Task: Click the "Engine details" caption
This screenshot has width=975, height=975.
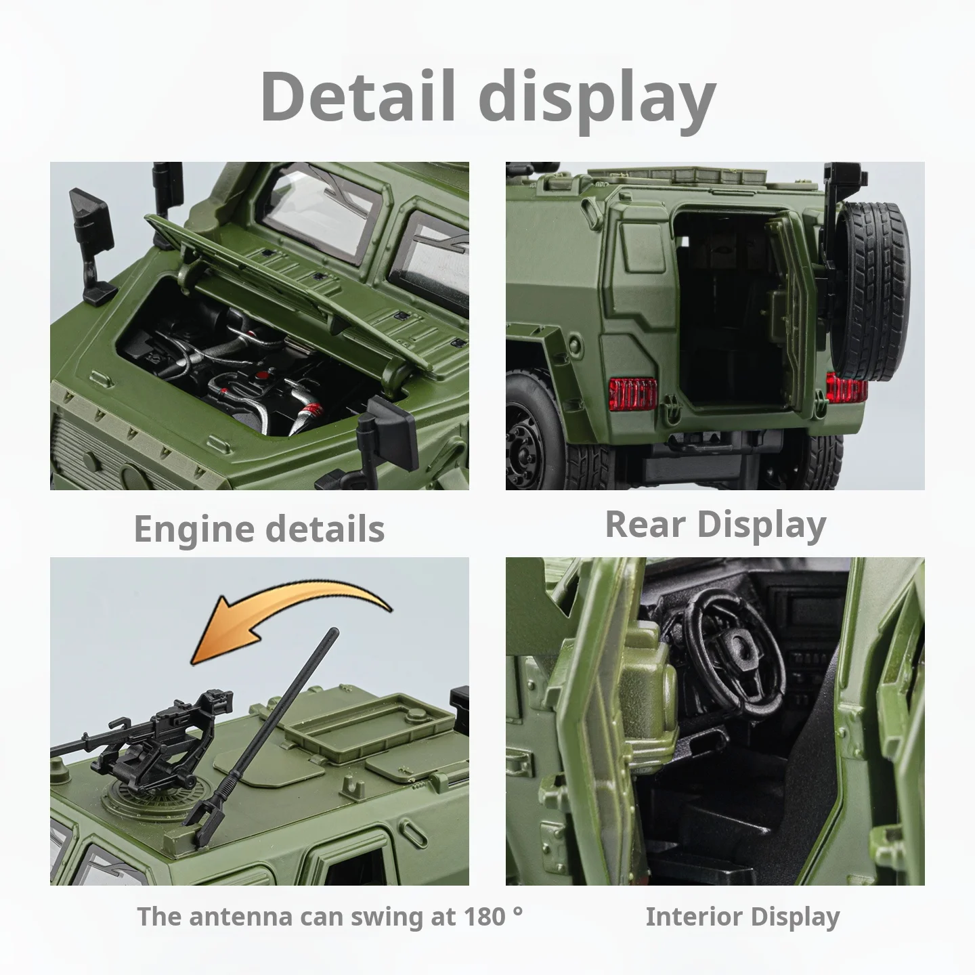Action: tap(259, 529)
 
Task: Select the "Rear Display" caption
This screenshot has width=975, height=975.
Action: tap(715, 524)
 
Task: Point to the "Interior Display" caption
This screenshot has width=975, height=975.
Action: tap(742, 917)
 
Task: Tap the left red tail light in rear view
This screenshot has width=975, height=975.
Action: tap(634, 394)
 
